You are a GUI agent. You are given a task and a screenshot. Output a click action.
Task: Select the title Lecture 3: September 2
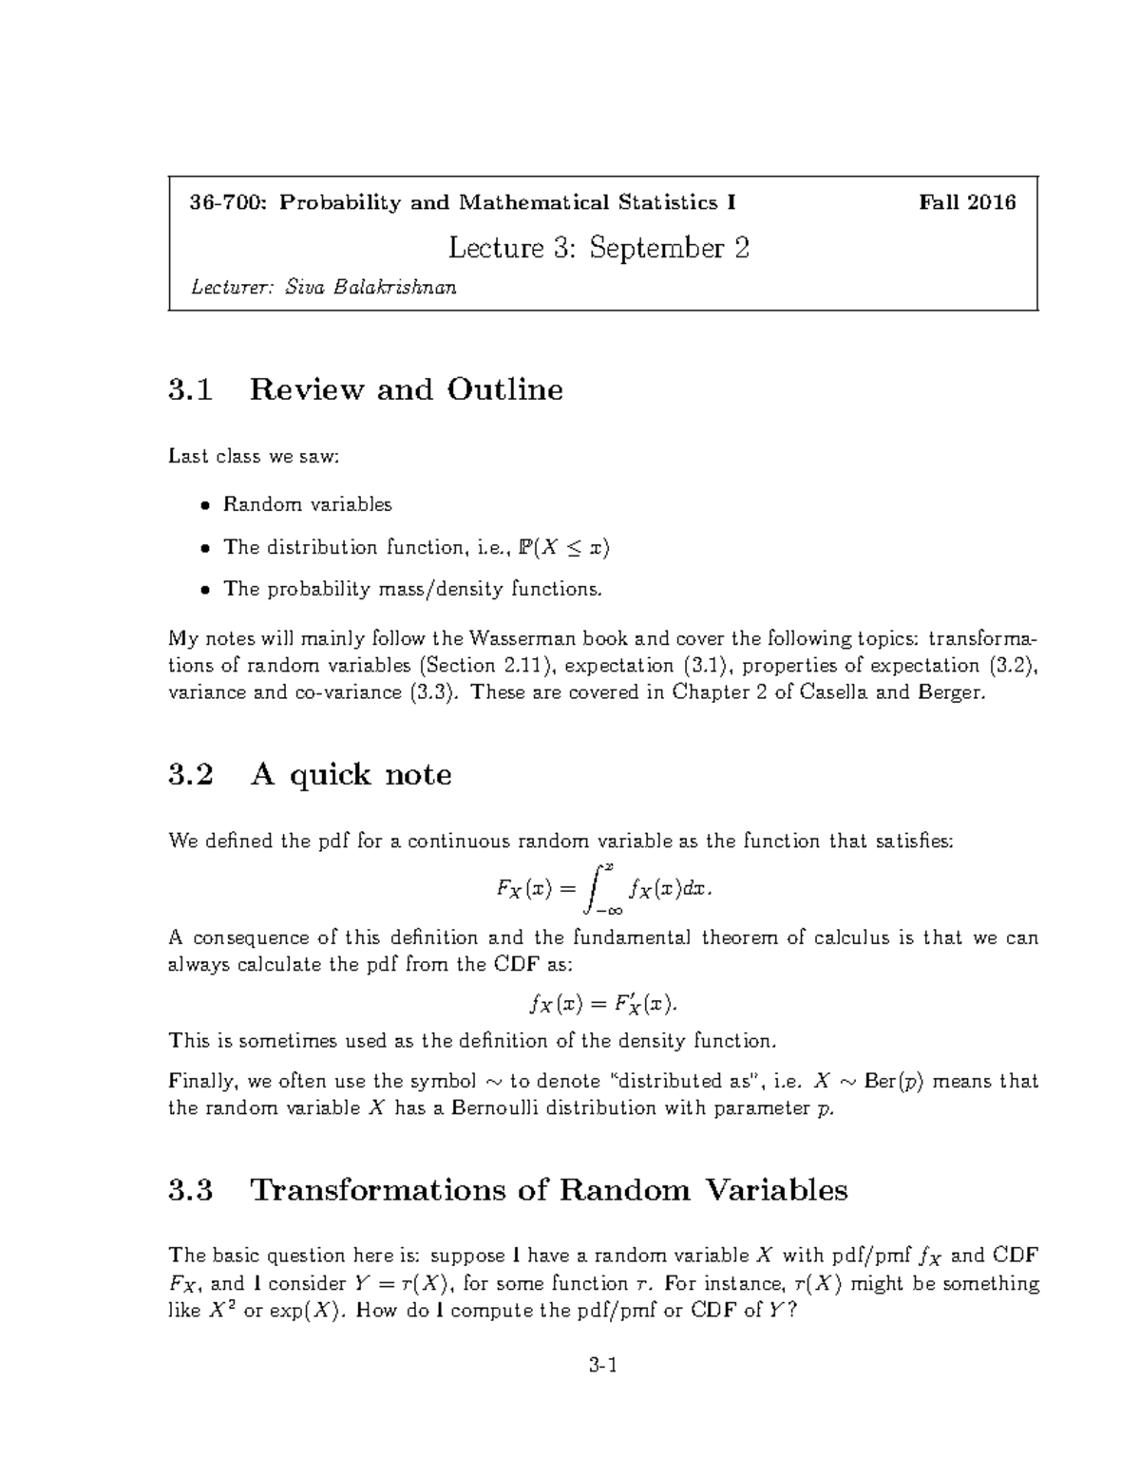tap(598, 249)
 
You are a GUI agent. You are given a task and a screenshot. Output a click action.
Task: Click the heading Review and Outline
tap(406, 389)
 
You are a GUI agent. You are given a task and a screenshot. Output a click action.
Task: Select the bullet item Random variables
tap(307, 504)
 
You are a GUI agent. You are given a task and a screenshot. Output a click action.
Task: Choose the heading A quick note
tap(351, 775)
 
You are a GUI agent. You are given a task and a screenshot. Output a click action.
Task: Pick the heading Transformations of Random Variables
tap(548, 1190)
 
